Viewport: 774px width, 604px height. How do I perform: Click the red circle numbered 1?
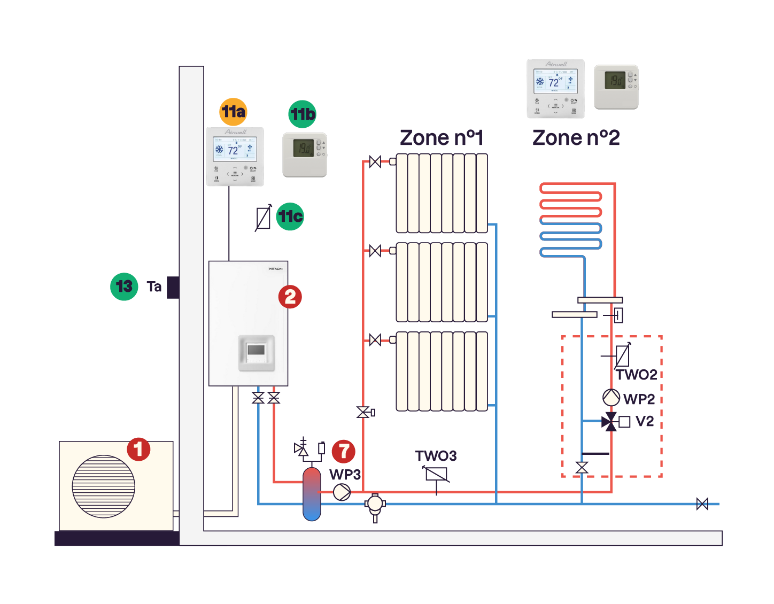138,449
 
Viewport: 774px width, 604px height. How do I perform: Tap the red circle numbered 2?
290,297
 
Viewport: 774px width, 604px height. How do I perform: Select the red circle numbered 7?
344,451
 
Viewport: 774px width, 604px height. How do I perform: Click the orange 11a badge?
234,112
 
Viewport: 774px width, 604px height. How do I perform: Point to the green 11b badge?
303,114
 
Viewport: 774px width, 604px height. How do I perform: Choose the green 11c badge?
290,216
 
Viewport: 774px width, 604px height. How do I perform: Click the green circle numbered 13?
124,286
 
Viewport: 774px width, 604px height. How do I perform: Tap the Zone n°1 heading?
442,138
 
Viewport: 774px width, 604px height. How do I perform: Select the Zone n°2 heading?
576,138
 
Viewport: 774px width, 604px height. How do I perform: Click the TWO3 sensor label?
436,456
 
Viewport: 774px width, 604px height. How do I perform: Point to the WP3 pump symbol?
342,492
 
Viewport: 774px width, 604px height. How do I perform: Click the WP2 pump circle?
611,398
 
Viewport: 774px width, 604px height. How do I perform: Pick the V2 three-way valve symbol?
610,422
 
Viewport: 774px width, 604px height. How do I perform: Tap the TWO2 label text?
636,375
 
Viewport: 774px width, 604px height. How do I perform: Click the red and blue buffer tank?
312,494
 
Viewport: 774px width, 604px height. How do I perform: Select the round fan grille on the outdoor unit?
104,486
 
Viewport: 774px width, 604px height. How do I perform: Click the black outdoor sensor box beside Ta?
173,288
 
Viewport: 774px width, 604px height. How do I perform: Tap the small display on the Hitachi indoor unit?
256,351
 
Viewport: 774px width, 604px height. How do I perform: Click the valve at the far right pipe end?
702,504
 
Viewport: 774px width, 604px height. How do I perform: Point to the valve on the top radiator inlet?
375,161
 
